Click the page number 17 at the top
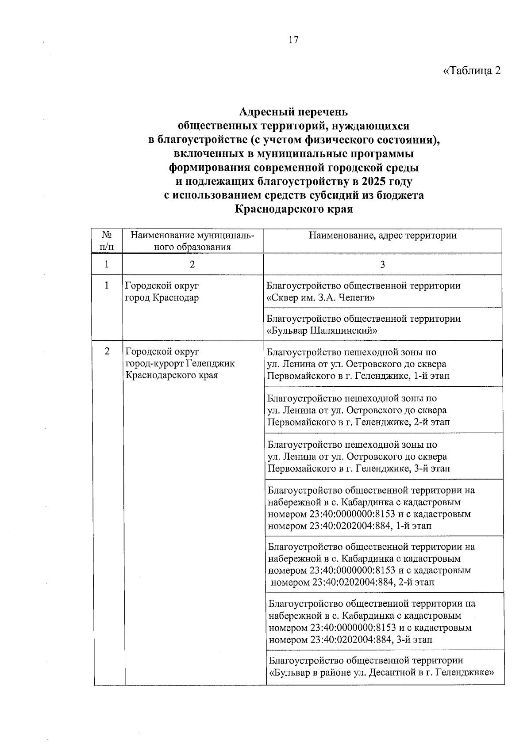pos(293,40)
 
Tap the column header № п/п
pos(106,241)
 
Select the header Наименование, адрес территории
pos(382,236)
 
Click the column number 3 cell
pos(382,264)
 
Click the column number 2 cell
pos(192,264)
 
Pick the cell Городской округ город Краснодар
pos(162,292)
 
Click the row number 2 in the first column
pos(107,352)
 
